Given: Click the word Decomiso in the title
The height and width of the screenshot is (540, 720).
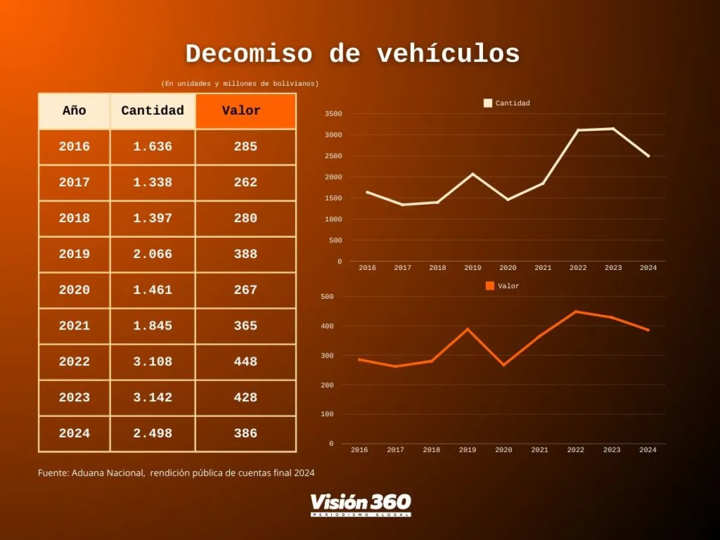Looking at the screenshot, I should click(x=248, y=55).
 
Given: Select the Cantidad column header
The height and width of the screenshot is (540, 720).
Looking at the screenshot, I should click(x=152, y=111).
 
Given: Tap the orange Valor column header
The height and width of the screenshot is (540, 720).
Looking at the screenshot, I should click(x=241, y=111).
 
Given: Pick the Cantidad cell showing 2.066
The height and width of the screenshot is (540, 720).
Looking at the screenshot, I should click(x=152, y=254).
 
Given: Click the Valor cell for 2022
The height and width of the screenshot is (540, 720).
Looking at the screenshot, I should click(x=245, y=362).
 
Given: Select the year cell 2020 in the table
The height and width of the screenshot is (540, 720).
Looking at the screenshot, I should click(x=74, y=290).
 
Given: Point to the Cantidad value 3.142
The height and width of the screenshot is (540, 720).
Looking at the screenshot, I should click(x=152, y=398).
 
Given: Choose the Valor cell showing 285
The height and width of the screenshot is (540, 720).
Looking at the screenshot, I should click(x=245, y=147).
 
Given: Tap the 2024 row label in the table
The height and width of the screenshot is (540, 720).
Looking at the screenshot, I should click(x=74, y=434).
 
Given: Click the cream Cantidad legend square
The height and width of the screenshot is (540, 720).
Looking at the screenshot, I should click(x=488, y=103).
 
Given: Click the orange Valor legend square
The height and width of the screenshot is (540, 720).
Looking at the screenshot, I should click(x=490, y=286).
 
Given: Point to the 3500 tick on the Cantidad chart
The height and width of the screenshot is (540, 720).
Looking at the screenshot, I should click(x=333, y=114).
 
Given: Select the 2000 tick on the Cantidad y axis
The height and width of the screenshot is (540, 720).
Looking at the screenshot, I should click(x=333, y=177).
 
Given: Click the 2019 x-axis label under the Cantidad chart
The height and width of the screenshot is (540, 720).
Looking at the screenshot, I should click(x=472, y=268).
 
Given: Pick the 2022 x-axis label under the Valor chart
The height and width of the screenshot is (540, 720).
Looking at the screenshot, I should click(x=575, y=450).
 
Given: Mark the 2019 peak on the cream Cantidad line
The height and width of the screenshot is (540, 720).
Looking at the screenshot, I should click(x=472, y=174).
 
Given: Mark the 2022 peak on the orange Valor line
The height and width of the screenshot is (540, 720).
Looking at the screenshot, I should click(x=576, y=311).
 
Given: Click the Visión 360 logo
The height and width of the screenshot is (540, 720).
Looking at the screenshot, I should click(x=361, y=505).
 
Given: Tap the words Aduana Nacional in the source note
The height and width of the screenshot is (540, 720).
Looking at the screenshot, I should click(x=108, y=473).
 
